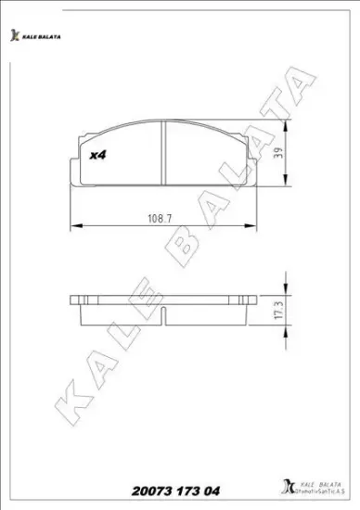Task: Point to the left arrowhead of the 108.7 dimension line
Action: [x=75, y=226]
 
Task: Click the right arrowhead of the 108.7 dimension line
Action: [x=251, y=226]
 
